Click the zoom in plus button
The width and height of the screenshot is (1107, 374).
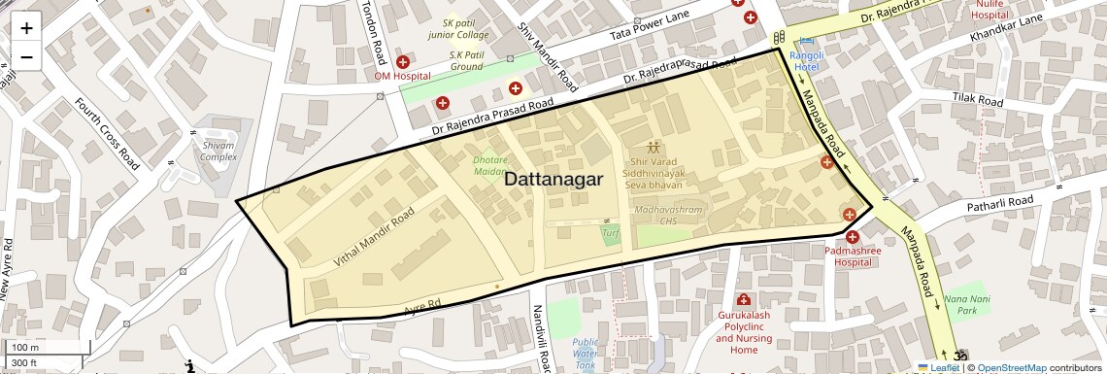pyautogui.click(x=26, y=28)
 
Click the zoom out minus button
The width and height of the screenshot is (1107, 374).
pyautogui.click(x=26, y=57)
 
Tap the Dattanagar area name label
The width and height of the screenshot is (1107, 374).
pyautogui.click(x=553, y=180)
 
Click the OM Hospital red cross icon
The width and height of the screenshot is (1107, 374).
pyautogui.click(x=402, y=62)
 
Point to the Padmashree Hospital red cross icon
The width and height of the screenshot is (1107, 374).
pyautogui.click(x=852, y=236)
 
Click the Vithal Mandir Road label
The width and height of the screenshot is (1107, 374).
pyautogui.click(x=374, y=237)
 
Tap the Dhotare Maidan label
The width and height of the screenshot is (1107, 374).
pyautogui.click(x=490, y=165)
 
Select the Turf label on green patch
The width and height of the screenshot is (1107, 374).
pyautogui.click(x=610, y=233)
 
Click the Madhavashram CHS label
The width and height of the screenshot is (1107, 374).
pyautogui.click(x=654, y=215)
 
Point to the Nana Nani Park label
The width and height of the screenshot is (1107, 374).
pyautogui.click(x=960, y=304)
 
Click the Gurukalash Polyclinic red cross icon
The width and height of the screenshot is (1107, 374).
pyautogui.click(x=744, y=299)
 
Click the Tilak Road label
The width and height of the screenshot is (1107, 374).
pyautogui.click(x=977, y=100)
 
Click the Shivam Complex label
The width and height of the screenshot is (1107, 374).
pyautogui.click(x=218, y=151)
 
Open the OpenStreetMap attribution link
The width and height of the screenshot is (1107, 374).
pyautogui.click(x=1011, y=367)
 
